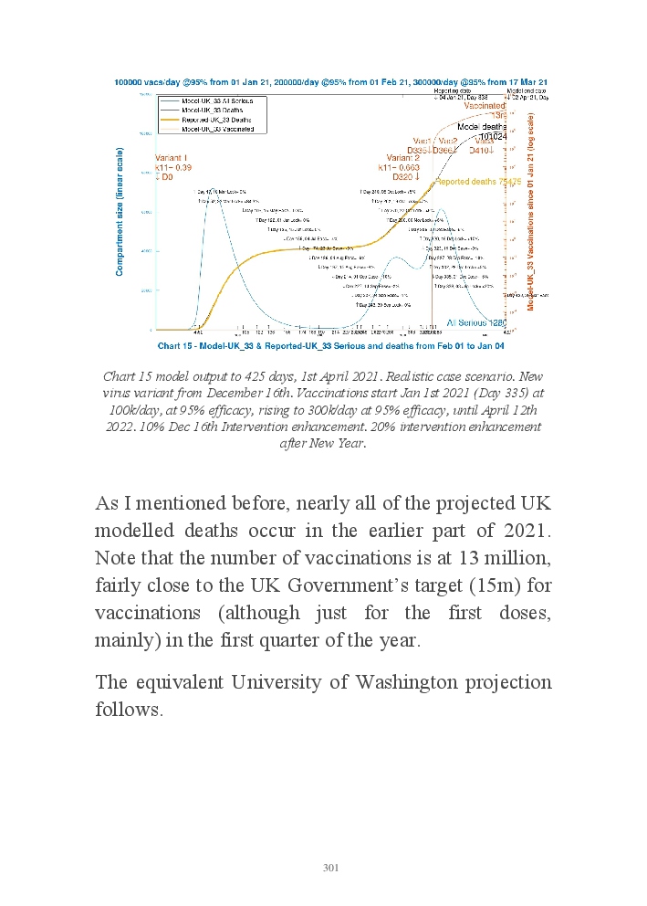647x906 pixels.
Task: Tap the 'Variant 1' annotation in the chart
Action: (x=172, y=157)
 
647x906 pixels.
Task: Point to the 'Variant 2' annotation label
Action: (x=402, y=157)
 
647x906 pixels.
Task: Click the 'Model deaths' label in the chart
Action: (x=481, y=126)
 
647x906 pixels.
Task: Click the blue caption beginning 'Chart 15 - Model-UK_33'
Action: (x=330, y=346)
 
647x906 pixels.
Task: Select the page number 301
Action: (x=330, y=868)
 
